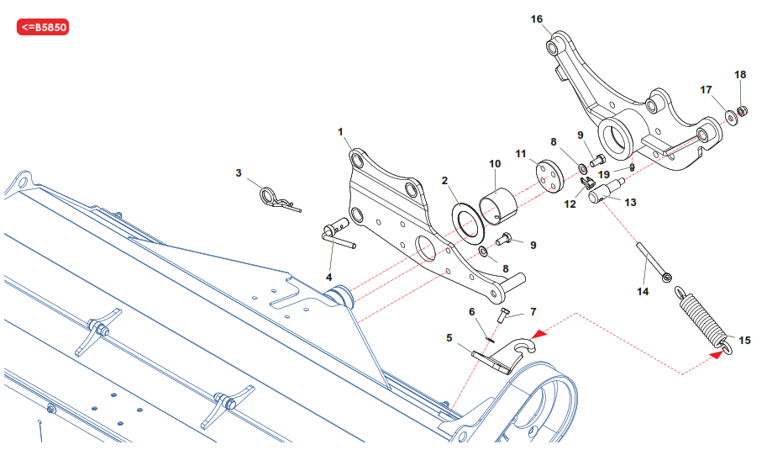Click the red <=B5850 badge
coord(42,27)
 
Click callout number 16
coord(538,19)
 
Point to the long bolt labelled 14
coord(653,261)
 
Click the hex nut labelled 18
coord(742,111)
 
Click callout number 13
coord(631,202)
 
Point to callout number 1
coord(341,132)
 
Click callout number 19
coord(604,174)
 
